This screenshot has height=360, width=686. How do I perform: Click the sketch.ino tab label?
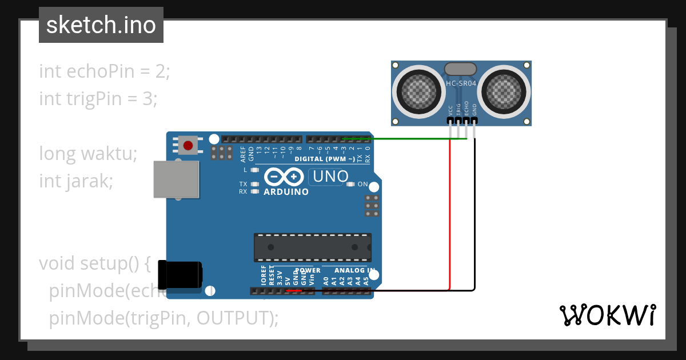pyautogui.click(x=101, y=25)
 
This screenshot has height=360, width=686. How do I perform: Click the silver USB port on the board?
pyautogui.click(x=176, y=179)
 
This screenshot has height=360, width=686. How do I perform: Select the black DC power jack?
pyautogui.click(x=180, y=274)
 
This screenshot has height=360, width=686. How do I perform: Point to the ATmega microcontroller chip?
pyautogui.click(x=313, y=247)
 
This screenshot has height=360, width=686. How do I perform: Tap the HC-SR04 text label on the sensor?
pyautogui.click(x=461, y=84)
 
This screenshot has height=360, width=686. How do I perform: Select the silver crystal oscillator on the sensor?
pyautogui.click(x=461, y=69)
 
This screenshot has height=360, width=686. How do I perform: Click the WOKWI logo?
pyautogui.click(x=607, y=315)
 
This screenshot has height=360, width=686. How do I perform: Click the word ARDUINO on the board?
pyautogui.click(x=286, y=192)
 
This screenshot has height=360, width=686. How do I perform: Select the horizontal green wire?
pyautogui.click(x=412, y=138)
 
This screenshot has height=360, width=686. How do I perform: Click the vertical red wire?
pyautogui.click(x=450, y=217)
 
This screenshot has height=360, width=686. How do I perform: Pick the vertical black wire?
pyautogui.click(x=474, y=217)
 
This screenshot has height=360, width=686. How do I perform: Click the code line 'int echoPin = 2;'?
pyautogui.click(x=105, y=71)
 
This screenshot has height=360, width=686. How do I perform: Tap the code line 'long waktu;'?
pyautogui.click(x=88, y=154)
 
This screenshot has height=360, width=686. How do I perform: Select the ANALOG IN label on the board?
pyautogui.click(x=354, y=270)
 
